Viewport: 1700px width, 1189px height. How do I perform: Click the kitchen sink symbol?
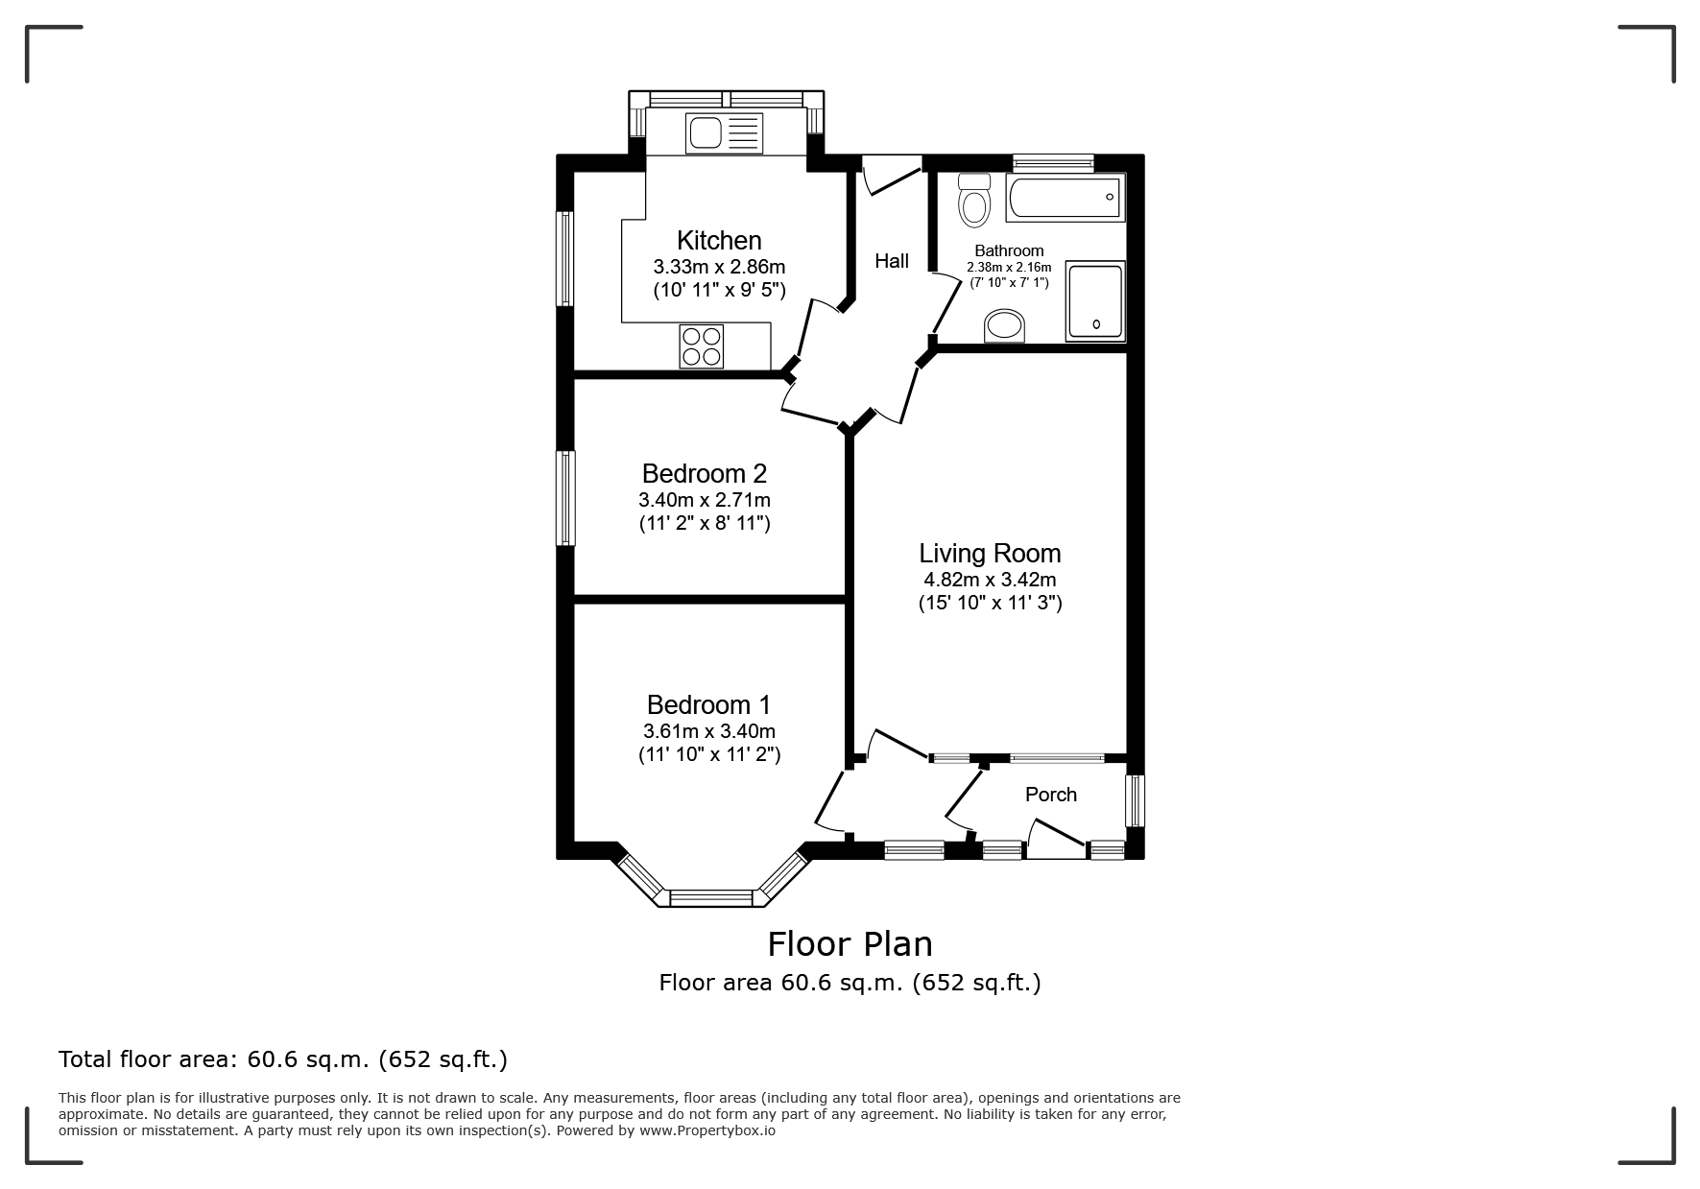(x=724, y=132)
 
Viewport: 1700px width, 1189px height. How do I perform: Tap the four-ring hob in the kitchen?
(x=701, y=346)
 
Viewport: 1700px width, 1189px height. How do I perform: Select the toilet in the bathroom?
(x=974, y=200)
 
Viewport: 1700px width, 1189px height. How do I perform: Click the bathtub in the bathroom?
(x=1065, y=199)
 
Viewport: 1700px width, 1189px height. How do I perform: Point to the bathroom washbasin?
(x=1005, y=326)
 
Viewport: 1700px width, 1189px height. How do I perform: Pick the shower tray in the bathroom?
(x=1094, y=301)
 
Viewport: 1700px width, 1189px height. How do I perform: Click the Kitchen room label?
(x=719, y=240)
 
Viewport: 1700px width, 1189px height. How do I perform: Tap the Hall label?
(x=892, y=261)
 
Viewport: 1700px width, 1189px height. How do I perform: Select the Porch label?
(x=1051, y=795)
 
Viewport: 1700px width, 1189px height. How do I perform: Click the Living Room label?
(x=990, y=553)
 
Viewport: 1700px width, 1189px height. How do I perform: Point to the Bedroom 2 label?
(x=705, y=473)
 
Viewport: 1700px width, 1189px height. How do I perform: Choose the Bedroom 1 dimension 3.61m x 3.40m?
(x=709, y=731)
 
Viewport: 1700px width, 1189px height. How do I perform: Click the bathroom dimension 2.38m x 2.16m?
(x=1009, y=268)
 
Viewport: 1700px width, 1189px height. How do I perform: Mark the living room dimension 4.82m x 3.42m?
(x=990, y=580)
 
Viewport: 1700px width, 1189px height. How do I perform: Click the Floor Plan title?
(x=850, y=944)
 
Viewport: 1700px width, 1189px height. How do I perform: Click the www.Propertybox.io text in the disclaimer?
(x=707, y=1130)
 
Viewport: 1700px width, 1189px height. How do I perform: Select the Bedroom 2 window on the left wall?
(x=566, y=498)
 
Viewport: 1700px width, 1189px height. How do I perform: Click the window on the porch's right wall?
(x=1135, y=800)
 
